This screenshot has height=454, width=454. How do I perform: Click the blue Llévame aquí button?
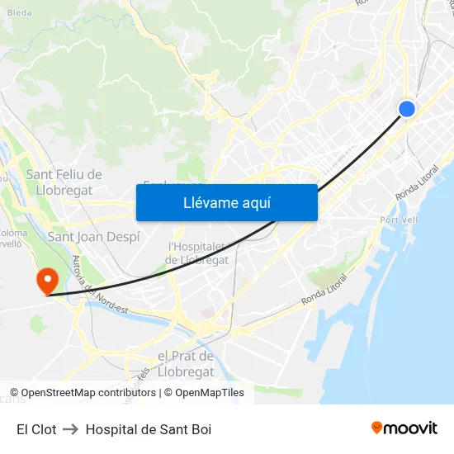click(226, 202)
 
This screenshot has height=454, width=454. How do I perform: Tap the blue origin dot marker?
click(406, 108)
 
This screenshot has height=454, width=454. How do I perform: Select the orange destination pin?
click(46, 280)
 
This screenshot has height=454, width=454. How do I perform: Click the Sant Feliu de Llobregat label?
click(64, 182)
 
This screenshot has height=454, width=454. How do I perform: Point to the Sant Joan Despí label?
click(93, 237)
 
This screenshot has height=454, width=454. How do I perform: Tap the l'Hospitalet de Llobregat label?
click(198, 253)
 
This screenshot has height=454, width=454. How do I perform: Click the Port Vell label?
click(399, 220)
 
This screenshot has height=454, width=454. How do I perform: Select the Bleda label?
click(19, 12)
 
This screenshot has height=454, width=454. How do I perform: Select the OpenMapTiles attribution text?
click(210, 393)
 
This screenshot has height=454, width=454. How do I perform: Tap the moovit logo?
click(404, 428)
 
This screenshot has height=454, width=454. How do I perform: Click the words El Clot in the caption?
click(36, 429)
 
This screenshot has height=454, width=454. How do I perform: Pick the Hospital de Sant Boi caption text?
click(149, 429)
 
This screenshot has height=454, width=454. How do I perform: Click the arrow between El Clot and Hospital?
click(71, 429)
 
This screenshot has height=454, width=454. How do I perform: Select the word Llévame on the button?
click(206, 202)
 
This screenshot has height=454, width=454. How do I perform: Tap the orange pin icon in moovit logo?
click(377, 428)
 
